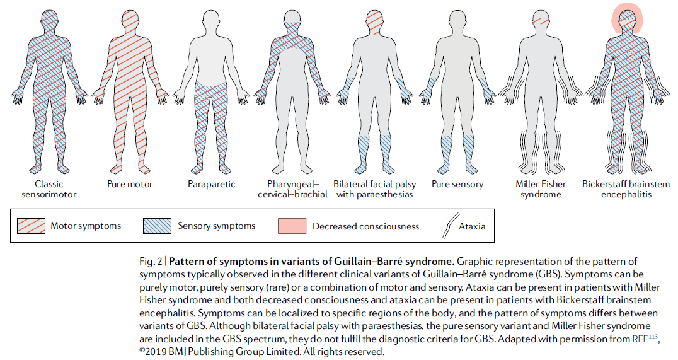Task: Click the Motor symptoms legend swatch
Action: (31, 226)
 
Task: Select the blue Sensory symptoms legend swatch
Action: (157, 226)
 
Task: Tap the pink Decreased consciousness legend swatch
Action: (292, 226)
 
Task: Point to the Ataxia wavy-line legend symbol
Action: (449, 226)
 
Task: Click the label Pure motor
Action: (130, 184)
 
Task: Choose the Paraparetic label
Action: (212, 184)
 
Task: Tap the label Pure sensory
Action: (457, 184)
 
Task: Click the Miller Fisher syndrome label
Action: (541, 189)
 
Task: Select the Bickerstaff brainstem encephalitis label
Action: (626, 189)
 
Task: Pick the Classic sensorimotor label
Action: (49, 189)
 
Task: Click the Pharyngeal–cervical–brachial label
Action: (293, 189)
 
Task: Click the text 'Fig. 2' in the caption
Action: (151, 262)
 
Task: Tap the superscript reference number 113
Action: (653, 336)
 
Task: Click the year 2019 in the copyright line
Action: (155, 351)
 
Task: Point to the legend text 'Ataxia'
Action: (472, 226)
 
